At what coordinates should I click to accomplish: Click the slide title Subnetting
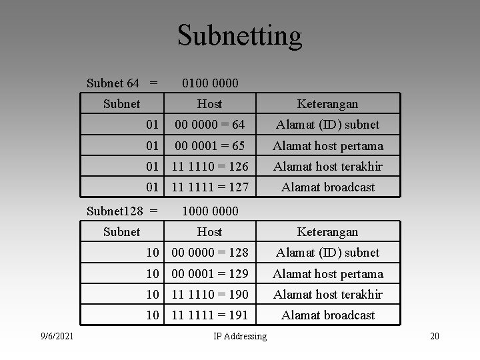pos(240,35)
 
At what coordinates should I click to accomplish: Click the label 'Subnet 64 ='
pos(123,83)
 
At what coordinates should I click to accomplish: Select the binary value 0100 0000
pos(210,83)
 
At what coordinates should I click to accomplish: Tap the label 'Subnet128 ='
pos(123,211)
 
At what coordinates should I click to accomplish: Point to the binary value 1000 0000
pos(210,211)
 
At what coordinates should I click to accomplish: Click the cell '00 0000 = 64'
pos(209,125)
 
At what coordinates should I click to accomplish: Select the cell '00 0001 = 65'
pos(209,145)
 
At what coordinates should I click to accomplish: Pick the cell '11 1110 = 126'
pos(209,166)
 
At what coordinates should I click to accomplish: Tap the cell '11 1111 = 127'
pos(209,187)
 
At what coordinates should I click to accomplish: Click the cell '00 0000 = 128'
pos(209,253)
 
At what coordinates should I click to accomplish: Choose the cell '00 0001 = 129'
pos(209,273)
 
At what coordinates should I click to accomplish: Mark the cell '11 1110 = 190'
pos(209,294)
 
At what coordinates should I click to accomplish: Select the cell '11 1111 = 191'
pos(209,315)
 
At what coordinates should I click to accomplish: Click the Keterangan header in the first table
pos(328,104)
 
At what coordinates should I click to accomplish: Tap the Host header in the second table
pos(209,232)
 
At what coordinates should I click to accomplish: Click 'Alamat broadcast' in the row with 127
pos(328,187)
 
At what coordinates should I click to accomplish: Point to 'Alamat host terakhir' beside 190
pos(328,294)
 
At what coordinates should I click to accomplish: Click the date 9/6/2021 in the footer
pos(57,336)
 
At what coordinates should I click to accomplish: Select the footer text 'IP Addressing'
pos(240,336)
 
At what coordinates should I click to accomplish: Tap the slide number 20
pos(435,336)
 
